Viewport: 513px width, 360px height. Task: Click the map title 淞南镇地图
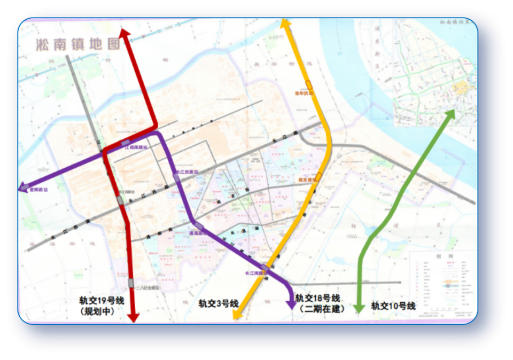tap(78, 44)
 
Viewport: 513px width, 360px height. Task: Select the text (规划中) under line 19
tap(97, 311)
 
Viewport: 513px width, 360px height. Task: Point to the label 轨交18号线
tap(317, 298)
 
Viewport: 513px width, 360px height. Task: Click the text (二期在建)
tap(322, 309)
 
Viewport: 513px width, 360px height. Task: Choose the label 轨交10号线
tap(393, 306)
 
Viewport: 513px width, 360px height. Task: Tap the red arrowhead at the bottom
tap(133, 317)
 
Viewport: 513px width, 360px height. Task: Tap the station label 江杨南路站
tap(137, 147)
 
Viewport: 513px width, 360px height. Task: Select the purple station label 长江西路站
tap(188, 172)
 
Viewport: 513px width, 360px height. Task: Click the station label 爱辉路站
tap(38, 189)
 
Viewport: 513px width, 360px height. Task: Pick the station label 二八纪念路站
tap(148, 287)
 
